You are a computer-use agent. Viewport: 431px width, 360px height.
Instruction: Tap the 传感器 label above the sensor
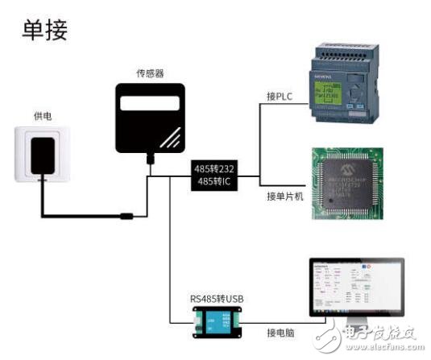(151, 73)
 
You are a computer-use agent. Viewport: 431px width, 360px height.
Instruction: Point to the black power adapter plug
(41, 153)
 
